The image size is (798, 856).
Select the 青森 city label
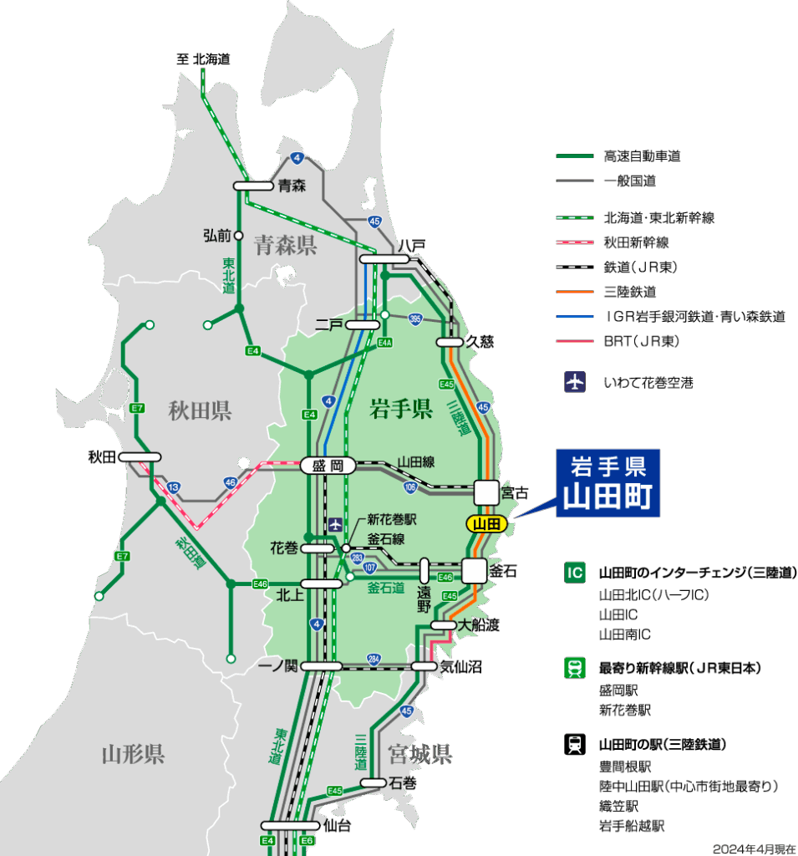[x=292, y=186]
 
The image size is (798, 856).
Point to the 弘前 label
[x=216, y=236]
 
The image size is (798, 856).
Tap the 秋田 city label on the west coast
[x=102, y=456]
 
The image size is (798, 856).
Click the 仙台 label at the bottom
[x=337, y=827]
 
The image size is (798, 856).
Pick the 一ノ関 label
[x=277, y=665]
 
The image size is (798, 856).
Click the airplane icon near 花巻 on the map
[x=335, y=524]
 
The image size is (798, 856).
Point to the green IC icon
[x=574, y=573]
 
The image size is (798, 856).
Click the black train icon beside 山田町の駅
[x=574, y=744]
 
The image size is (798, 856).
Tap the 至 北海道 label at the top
[x=202, y=59]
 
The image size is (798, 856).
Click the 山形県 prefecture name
[x=133, y=755]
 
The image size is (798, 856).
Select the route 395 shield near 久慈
[x=415, y=318]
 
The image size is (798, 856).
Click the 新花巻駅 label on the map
[x=392, y=519]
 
